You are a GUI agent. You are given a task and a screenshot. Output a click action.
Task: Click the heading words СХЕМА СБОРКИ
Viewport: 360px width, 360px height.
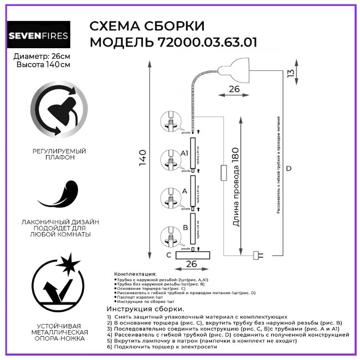point(147,26)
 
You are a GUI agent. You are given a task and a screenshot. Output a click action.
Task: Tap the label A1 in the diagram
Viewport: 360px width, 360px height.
point(185,153)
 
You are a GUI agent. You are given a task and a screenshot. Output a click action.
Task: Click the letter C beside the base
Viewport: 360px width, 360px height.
point(169,255)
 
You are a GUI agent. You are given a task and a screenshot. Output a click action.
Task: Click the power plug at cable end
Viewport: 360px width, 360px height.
point(258,255)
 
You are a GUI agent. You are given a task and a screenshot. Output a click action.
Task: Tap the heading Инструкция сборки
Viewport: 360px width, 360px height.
point(145,308)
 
